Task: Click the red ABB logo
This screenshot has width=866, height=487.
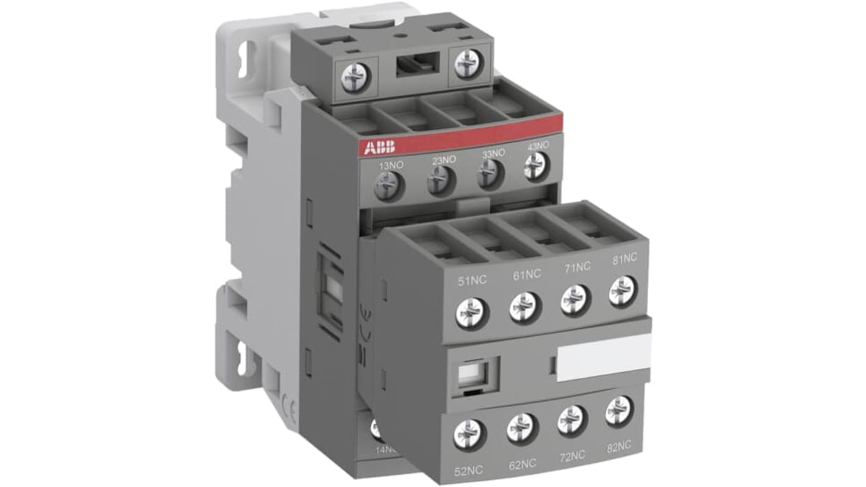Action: (379, 146)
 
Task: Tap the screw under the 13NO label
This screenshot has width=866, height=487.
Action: (387, 186)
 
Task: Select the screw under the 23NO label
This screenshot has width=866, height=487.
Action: (440, 181)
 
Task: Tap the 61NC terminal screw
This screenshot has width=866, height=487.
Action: (525, 306)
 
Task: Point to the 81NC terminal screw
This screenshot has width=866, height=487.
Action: (623, 291)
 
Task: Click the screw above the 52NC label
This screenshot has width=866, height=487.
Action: (470, 435)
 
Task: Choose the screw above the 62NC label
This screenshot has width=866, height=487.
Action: (522, 428)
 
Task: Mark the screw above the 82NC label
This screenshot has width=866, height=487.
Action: (620, 411)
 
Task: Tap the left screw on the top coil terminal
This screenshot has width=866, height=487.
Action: (356, 78)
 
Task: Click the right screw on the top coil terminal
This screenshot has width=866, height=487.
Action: (468, 63)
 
